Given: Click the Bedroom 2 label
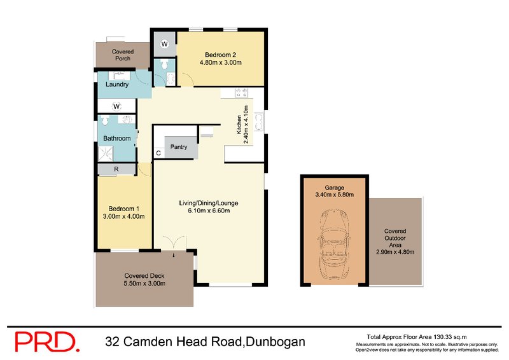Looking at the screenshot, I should coord(220,54).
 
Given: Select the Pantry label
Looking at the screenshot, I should coord(178,147).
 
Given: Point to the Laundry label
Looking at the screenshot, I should coord(117,85).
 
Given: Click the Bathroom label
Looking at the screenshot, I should coord(117,138).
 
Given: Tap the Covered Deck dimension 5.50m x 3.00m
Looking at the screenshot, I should coord(144,283).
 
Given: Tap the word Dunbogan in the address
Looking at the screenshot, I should coord(275,342).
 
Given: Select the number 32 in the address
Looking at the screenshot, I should coord(114,342).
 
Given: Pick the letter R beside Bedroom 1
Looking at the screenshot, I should coord(116,169).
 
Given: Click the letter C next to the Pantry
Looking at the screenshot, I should coord(158,153).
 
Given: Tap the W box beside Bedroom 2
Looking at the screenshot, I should coord(164,44).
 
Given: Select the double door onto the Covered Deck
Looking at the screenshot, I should coord(172,245).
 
